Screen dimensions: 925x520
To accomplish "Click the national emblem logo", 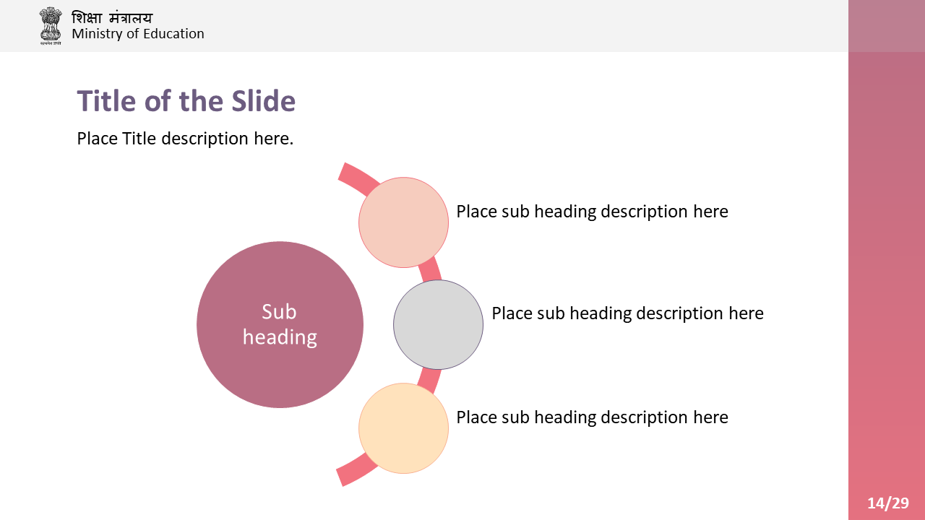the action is point(51,25).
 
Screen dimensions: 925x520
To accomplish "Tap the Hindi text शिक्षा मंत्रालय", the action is point(112,18).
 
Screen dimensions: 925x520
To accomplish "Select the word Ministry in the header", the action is point(98,34).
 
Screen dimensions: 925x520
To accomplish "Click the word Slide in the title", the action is point(264,101).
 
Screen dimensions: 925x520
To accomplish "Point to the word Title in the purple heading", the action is point(106,101).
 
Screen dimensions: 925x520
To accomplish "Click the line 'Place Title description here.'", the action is point(185,139).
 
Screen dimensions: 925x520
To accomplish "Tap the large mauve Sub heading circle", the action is point(280,325).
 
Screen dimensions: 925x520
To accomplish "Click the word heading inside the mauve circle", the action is point(280,337).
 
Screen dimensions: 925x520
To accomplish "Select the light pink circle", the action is point(403,222).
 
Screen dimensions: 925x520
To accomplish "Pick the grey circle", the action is point(438,325).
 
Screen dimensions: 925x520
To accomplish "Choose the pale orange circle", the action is point(403,428).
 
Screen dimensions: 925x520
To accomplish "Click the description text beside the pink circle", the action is point(592,212).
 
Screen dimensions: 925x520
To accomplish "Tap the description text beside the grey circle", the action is point(628,313).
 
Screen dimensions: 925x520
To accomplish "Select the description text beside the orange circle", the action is point(592,417).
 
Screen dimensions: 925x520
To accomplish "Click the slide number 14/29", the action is point(888,503).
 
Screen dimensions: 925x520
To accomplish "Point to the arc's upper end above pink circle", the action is point(342,171).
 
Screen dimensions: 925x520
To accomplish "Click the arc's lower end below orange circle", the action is point(340,478).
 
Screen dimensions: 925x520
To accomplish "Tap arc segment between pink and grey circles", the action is point(430,269).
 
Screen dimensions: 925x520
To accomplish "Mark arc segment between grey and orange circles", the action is point(429,381).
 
